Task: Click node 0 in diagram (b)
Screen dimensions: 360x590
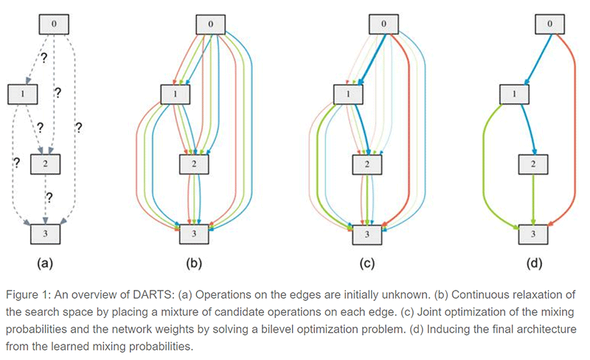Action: [x=212, y=24]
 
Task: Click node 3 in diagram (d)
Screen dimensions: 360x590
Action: [x=532, y=234]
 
